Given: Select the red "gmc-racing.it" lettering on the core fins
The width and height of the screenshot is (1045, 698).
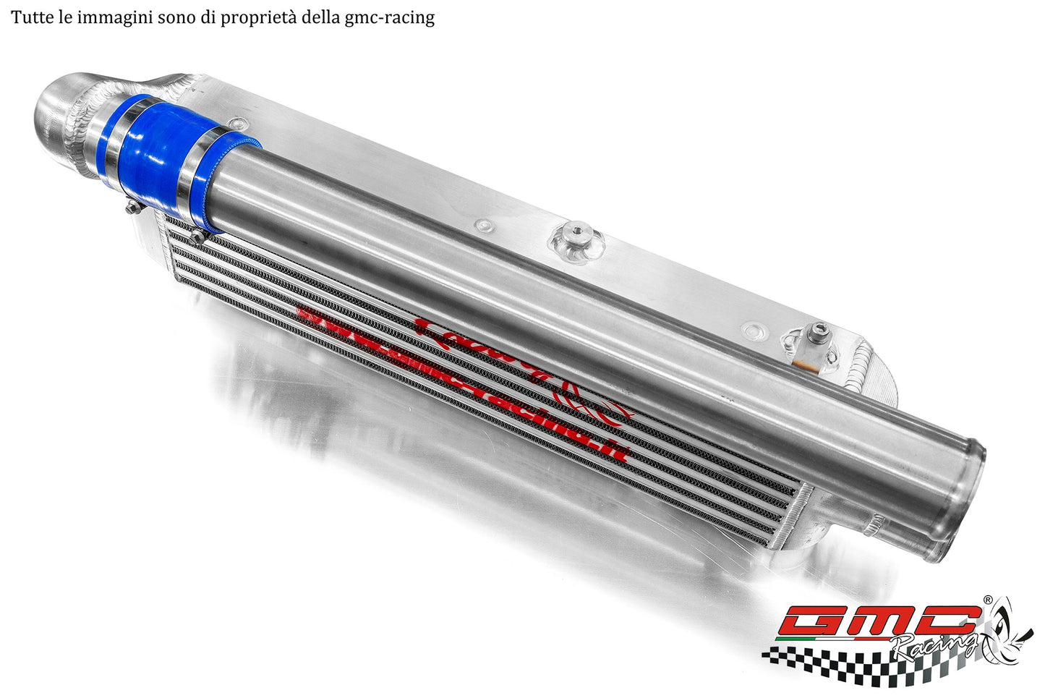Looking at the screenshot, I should (463, 383).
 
